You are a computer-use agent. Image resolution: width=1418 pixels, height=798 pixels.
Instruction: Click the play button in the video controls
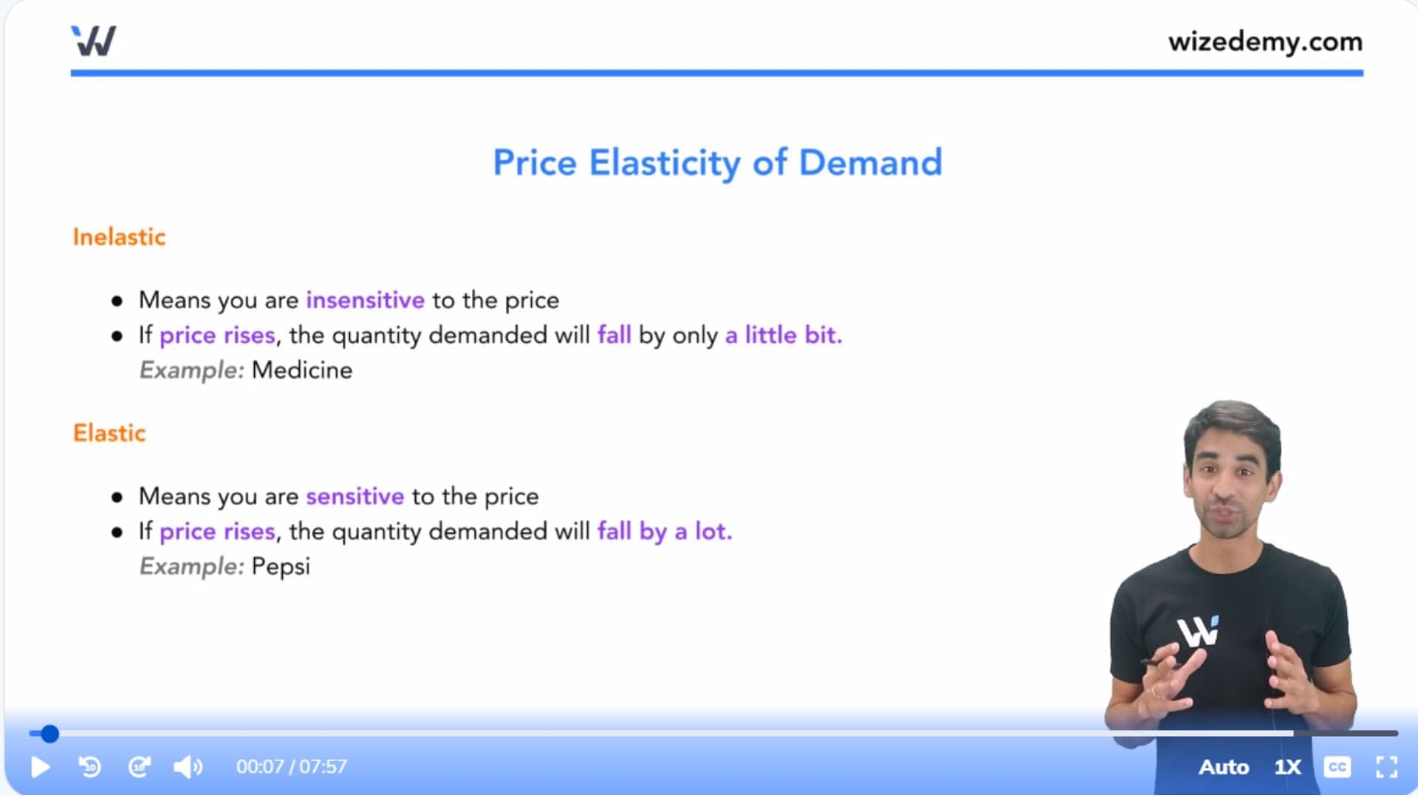pos(41,767)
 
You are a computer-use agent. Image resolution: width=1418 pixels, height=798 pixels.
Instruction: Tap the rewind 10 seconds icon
pos(89,767)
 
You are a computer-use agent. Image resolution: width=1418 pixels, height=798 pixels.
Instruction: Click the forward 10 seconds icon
pos(140,767)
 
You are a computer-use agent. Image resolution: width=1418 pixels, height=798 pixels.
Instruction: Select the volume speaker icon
pos(188,767)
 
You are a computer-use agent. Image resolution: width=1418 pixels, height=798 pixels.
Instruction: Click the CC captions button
pos(1337,767)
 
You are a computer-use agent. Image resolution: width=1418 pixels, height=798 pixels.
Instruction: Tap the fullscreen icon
pos(1386,767)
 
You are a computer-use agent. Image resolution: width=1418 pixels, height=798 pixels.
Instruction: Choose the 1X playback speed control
pos(1287,767)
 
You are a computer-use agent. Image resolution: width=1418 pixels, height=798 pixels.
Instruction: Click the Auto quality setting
pos(1224,767)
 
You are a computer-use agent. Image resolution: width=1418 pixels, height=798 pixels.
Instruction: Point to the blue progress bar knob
pos(49,734)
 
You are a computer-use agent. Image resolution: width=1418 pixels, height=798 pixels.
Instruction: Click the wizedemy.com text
pos(1265,41)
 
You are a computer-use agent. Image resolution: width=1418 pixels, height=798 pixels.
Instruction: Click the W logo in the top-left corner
pos(94,41)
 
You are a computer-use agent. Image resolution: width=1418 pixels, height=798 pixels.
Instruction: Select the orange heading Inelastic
pos(119,237)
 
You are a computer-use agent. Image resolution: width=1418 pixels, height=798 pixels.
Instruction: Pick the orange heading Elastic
pos(109,433)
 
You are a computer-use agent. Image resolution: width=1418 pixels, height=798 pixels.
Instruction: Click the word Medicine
pos(302,370)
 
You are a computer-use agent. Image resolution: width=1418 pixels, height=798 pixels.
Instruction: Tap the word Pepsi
pos(281,567)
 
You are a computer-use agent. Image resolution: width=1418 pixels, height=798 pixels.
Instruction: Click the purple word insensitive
pos(366,300)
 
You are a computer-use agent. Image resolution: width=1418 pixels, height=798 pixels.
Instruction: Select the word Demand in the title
pos(871,163)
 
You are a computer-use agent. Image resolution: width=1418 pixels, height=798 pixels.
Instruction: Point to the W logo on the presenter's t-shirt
pos(1198,632)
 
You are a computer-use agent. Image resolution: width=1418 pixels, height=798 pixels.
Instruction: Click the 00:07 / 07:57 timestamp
pos(292,767)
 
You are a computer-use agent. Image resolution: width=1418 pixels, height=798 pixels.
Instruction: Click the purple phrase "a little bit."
pos(784,335)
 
